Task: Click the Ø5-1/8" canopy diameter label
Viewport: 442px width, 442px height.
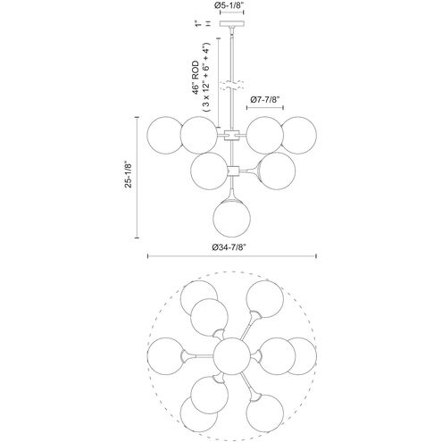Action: click(x=231, y=5)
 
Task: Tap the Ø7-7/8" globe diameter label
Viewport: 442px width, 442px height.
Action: click(x=265, y=99)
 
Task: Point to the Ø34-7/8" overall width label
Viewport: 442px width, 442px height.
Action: click(x=229, y=247)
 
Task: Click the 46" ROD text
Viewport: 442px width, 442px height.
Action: click(x=196, y=78)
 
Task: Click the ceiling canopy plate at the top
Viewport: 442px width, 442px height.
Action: click(x=231, y=23)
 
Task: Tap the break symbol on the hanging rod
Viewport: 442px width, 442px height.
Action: click(x=231, y=85)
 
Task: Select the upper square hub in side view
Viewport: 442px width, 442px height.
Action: click(x=231, y=135)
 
